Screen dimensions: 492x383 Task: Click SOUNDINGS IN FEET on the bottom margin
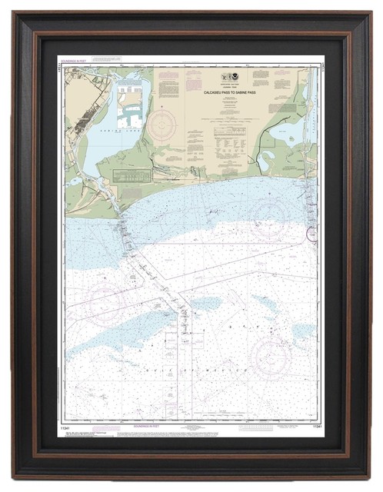(189, 424)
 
